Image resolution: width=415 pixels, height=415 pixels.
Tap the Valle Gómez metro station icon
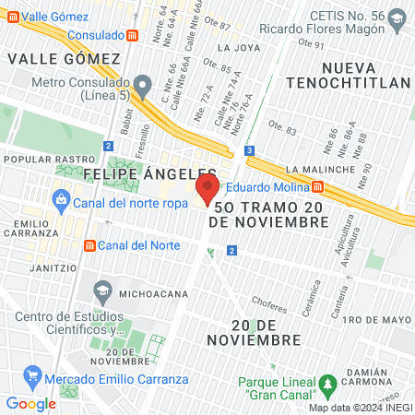[8, 17]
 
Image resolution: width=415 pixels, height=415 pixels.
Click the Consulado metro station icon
[134, 35]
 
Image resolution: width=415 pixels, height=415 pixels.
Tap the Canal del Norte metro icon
[89, 245]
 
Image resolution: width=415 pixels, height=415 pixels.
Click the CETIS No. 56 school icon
[397, 18]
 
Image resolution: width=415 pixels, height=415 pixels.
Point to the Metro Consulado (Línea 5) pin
[140, 84]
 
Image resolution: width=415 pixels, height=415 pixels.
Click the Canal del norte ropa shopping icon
[60, 197]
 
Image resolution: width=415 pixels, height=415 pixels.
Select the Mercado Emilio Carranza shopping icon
[34, 378]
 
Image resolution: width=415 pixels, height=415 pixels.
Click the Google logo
[30, 403]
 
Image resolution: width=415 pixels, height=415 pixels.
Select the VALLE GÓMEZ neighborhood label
[64, 59]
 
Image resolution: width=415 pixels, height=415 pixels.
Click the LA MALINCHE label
[320, 170]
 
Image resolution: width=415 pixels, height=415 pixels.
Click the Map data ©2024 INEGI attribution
[359, 408]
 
